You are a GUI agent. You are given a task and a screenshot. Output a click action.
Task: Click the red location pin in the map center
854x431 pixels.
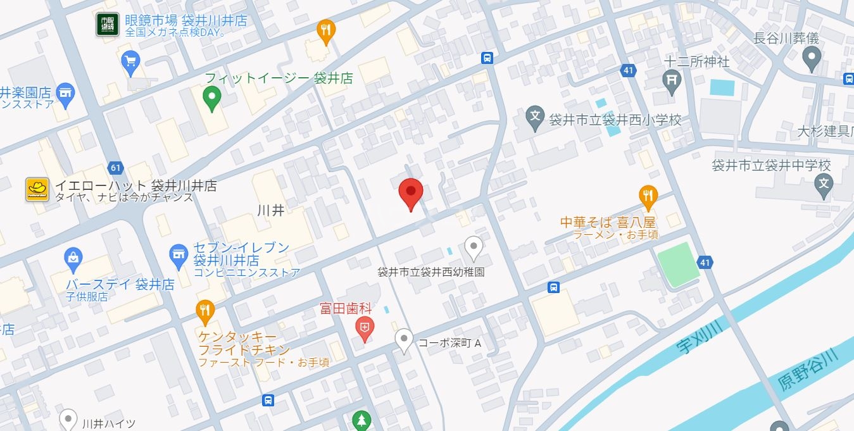pyautogui.click(x=410, y=192)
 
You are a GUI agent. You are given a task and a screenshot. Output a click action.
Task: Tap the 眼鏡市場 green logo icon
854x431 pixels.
pyautogui.click(x=107, y=25)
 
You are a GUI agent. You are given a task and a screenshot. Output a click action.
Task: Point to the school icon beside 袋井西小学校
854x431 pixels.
pyautogui.click(x=536, y=118)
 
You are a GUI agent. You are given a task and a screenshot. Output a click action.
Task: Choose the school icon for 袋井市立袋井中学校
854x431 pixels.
pyautogui.click(x=824, y=185)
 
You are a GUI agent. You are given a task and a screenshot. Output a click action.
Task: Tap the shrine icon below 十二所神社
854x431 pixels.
pyautogui.click(x=671, y=80)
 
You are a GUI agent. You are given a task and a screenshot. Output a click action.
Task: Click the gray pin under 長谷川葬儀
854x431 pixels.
pyautogui.click(x=811, y=59)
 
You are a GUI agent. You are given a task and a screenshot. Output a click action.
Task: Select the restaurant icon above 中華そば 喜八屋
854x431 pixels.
pyautogui.click(x=647, y=196)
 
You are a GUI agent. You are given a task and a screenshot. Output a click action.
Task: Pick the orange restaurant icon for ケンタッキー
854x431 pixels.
pyautogui.click(x=204, y=310)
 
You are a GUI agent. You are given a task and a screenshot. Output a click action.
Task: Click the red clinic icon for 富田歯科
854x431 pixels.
pyautogui.click(x=365, y=327)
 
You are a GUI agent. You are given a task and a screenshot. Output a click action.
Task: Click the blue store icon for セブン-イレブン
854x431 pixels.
pyautogui.click(x=180, y=255)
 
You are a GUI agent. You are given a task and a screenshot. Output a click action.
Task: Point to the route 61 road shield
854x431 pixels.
pyautogui.click(x=115, y=168)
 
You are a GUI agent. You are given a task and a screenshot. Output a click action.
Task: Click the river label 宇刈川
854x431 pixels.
pyautogui.click(x=699, y=337)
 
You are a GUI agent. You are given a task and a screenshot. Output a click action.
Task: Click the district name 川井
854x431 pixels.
pyautogui.click(x=271, y=211)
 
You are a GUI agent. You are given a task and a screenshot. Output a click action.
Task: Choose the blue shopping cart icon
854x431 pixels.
pyautogui.click(x=130, y=61)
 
